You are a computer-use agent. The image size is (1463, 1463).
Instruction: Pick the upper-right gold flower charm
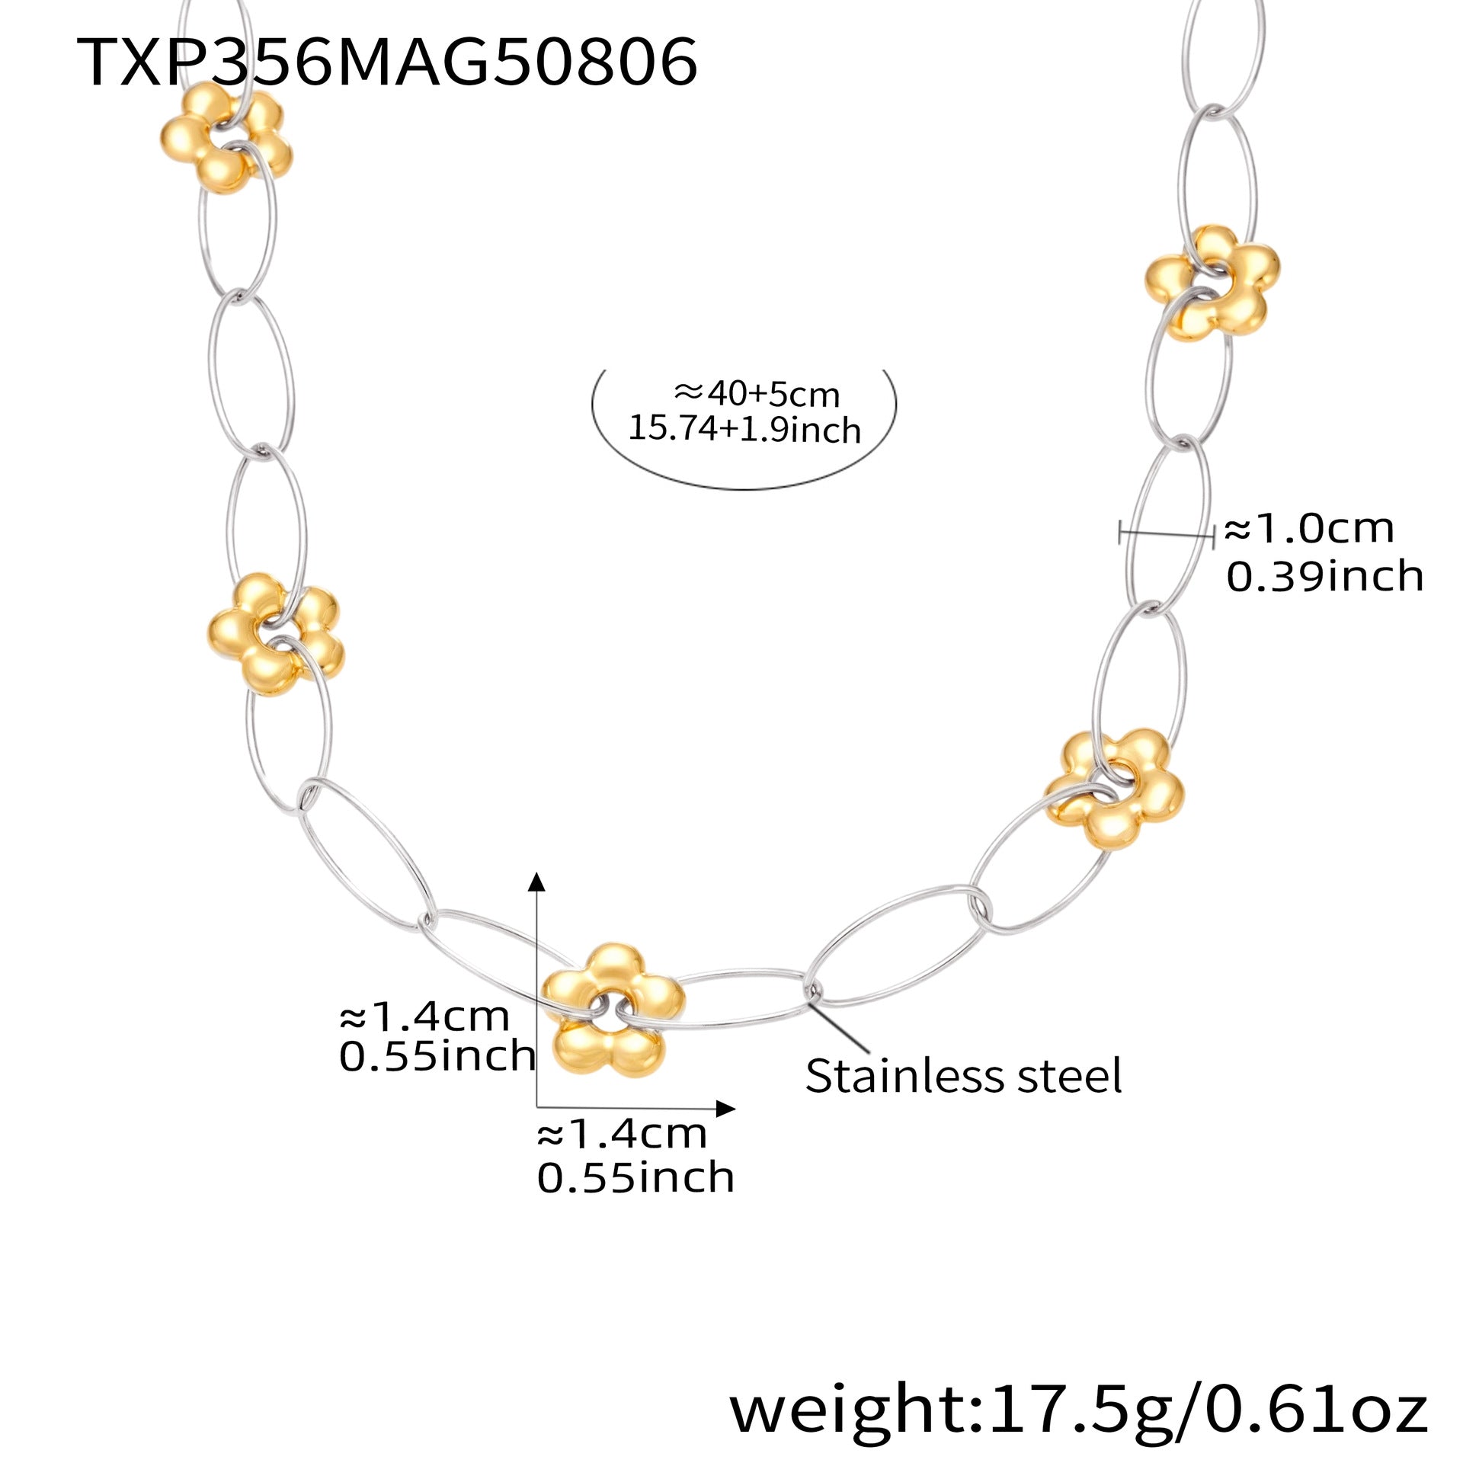click(1212, 282)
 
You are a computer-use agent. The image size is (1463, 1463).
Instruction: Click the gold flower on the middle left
click(274, 634)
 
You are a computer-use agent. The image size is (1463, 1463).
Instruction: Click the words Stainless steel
click(963, 1075)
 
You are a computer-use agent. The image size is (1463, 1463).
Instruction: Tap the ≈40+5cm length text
click(757, 394)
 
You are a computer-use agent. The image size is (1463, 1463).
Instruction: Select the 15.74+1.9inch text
click(744, 429)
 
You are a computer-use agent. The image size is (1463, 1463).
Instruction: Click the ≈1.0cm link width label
click(1309, 528)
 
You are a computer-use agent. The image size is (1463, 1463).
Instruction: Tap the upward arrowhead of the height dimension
click(537, 882)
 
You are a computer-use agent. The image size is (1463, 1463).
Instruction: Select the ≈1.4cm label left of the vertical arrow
click(424, 1016)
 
